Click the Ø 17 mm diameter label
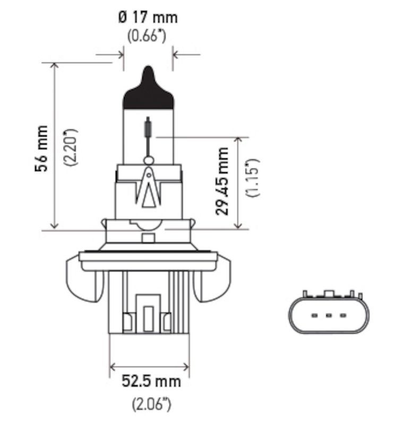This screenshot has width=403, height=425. (148, 18)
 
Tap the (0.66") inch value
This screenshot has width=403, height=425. (148, 37)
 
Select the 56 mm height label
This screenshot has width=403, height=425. (41, 148)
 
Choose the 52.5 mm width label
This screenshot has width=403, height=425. (151, 381)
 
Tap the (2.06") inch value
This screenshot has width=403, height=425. (151, 404)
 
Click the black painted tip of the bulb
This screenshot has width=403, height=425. (148, 90)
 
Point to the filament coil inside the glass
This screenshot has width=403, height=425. (149, 127)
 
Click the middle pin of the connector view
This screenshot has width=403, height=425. (328, 316)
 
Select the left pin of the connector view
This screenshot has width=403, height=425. (314, 316)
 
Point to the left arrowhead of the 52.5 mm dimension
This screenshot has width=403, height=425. (113, 367)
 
